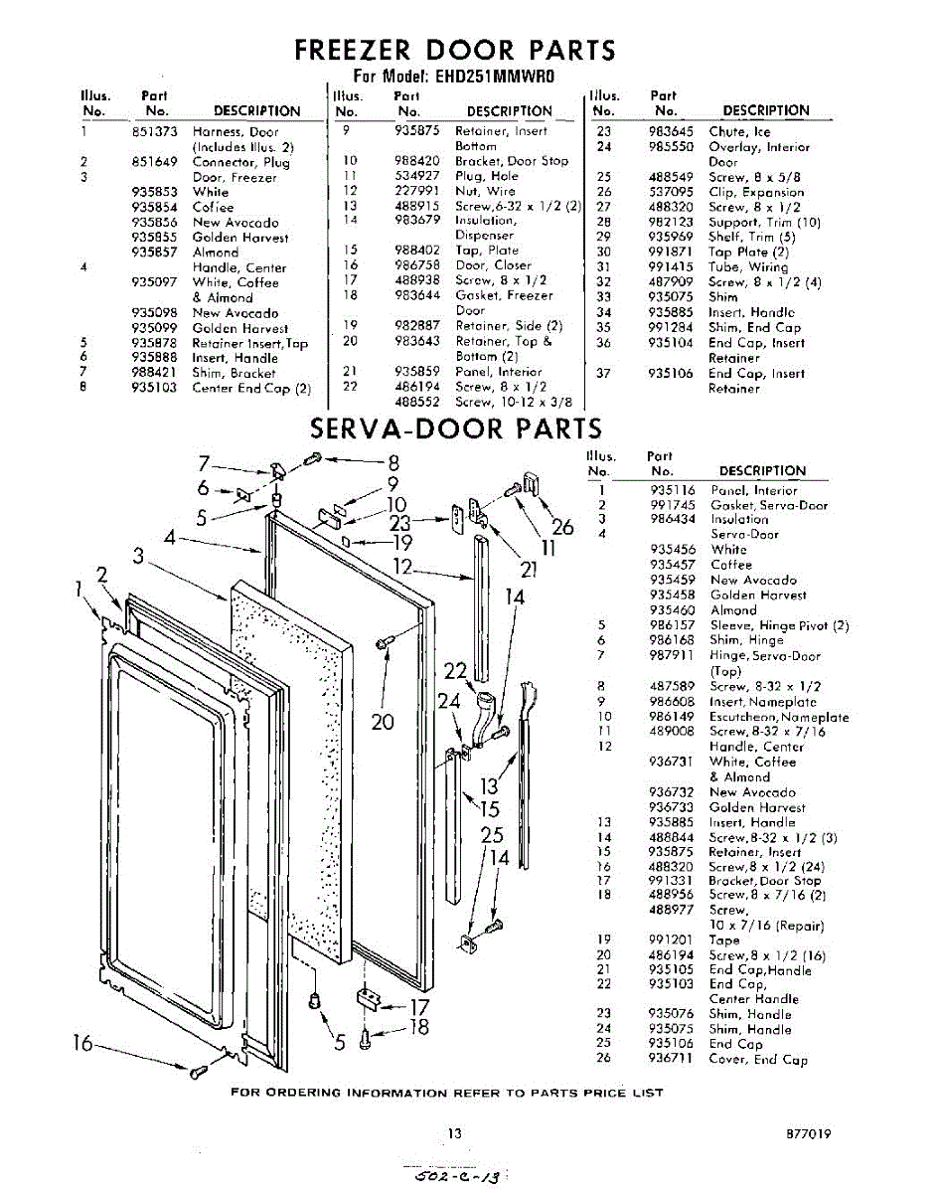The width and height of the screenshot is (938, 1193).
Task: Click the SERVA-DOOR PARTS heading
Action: point(456,428)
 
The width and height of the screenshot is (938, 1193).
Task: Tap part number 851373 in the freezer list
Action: point(154,131)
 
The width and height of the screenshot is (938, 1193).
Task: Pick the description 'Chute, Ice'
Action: point(738,131)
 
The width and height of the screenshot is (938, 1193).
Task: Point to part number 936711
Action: point(672,1060)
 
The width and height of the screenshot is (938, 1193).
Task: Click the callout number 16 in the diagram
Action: point(83,1043)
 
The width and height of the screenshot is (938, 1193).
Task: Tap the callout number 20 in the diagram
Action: point(384,721)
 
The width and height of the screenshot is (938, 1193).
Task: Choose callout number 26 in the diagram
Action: point(562,528)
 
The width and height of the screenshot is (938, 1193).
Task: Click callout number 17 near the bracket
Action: point(420,1006)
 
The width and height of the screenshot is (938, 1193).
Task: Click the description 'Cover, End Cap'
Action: point(757,1060)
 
